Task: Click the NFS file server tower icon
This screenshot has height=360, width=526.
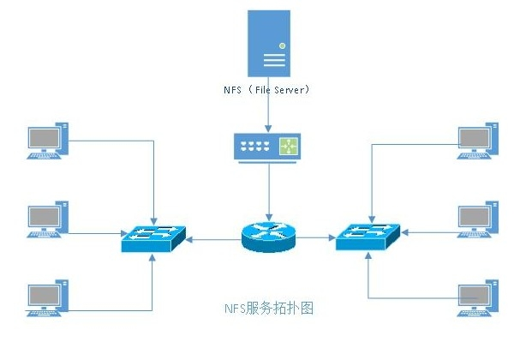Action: point(268,43)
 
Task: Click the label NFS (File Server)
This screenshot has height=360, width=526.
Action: point(267,88)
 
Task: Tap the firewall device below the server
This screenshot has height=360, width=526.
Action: point(268,146)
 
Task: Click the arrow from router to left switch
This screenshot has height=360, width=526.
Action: point(214,241)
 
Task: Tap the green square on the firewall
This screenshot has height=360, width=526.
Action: point(290,146)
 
